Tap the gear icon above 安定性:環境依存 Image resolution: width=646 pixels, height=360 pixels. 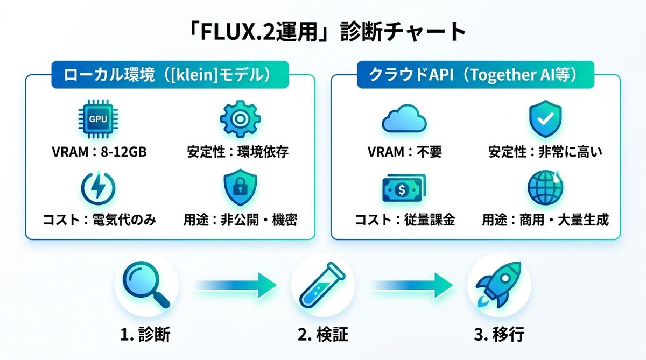coord(240,119)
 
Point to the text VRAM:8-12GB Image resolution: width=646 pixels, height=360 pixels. coord(99,152)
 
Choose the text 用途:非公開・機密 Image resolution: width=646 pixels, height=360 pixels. coord(240,220)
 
